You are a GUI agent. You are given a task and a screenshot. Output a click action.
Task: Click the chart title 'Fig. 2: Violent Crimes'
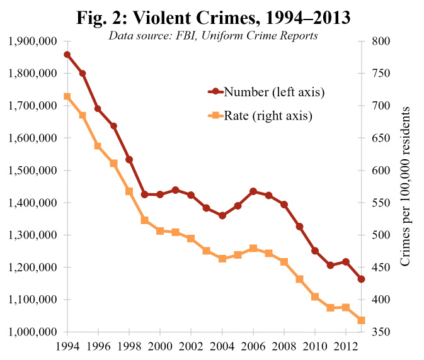click(x=212, y=18)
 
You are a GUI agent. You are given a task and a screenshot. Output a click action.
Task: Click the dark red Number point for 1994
click(x=67, y=55)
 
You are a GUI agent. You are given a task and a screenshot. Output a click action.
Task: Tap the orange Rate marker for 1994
click(x=67, y=97)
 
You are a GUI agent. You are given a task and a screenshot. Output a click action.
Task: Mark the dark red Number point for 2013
click(x=362, y=279)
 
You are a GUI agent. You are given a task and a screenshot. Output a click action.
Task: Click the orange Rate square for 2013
click(x=362, y=320)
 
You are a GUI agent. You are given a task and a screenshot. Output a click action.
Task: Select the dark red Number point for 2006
click(x=253, y=191)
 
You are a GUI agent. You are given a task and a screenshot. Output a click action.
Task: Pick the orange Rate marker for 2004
click(x=222, y=259)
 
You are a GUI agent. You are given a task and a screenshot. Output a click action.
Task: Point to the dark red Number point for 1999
click(x=145, y=194)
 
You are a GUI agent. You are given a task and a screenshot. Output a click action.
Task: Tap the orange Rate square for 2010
click(x=315, y=296)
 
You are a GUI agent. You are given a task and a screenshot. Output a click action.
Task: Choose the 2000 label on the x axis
click(x=160, y=346)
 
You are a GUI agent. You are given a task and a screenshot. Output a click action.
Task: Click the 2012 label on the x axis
click(x=346, y=346)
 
